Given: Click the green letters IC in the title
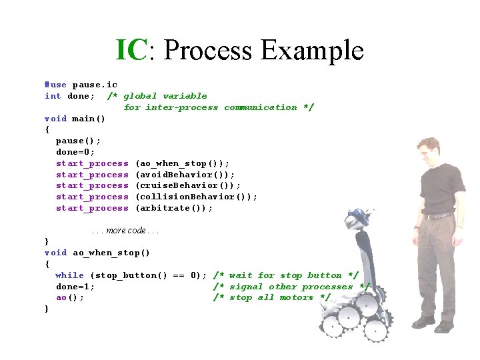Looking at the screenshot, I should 131,50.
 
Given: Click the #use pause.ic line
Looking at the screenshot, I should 81,85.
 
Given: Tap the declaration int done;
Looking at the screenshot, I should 69,96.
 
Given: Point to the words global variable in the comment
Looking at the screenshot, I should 165,96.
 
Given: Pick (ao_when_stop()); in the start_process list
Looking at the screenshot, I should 182,163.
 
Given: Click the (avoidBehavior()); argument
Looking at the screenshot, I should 185,175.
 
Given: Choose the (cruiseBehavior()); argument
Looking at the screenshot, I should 187,185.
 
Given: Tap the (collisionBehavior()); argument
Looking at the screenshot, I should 196,197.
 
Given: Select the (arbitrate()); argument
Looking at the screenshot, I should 174,208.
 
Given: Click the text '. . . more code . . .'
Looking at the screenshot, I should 125,231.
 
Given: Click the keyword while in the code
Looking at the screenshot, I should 69,275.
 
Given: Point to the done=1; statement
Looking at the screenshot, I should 75,287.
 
